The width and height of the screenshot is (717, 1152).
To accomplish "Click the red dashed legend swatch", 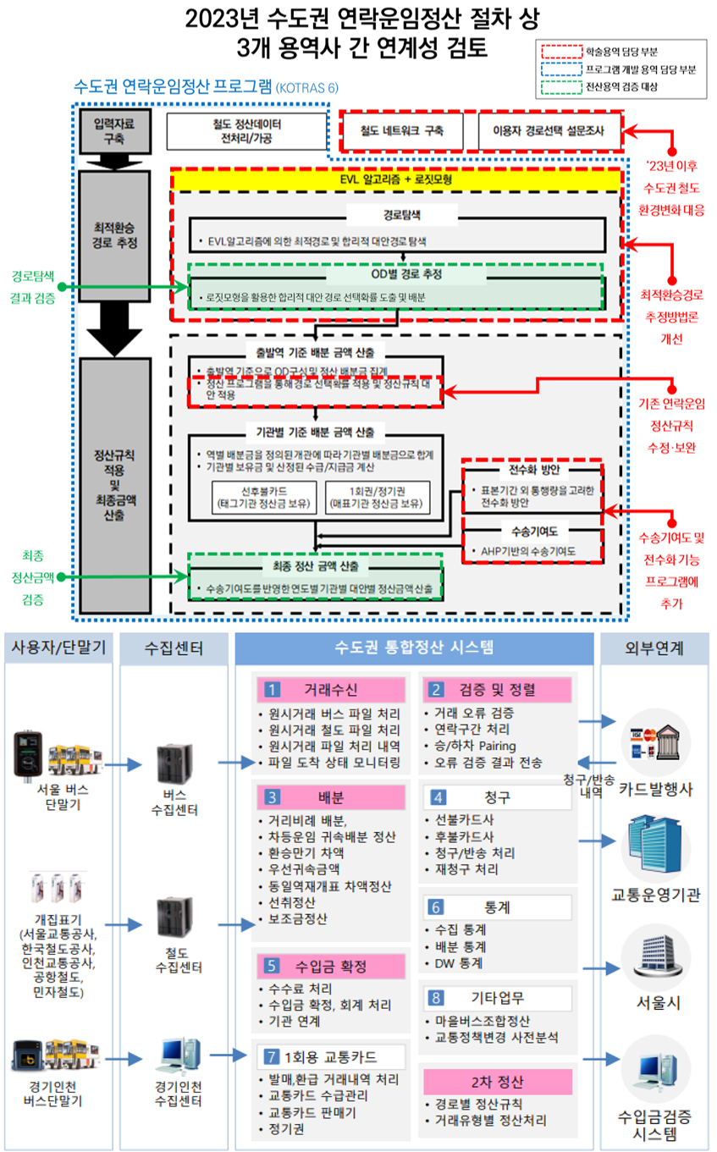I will pyautogui.click(x=559, y=51).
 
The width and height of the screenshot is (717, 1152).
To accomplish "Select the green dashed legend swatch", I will pyautogui.click(x=559, y=85).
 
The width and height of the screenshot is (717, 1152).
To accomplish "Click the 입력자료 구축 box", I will pyautogui.click(x=113, y=131).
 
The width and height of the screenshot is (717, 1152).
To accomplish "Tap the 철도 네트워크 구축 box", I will pyautogui.click(x=402, y=131).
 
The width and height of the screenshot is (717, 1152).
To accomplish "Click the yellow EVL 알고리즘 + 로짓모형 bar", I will pyautogui.click(x=398, y=180).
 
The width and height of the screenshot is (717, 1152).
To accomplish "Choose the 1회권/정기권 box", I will pyautogui.click(x=377, y=499).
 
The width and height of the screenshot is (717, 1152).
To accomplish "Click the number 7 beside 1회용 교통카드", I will pyautogui.click(x=271, y=1056).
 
